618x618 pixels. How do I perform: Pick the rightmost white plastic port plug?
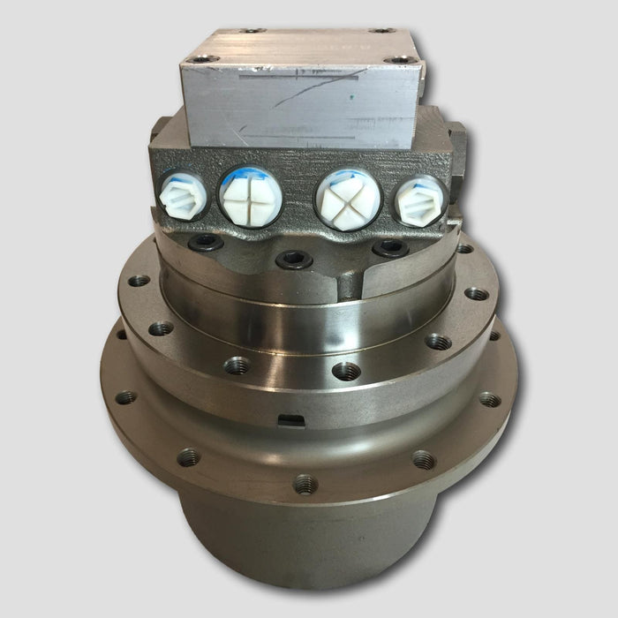(418, 199)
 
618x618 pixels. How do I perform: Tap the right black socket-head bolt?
(389, 250)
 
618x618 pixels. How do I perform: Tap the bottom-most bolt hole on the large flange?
(305, 483)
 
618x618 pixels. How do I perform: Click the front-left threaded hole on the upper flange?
(236, 363)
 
